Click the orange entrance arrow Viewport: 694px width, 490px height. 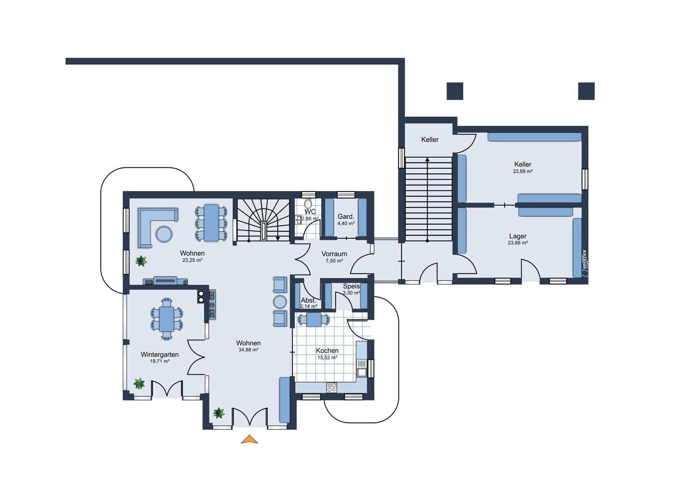tap(249, 439)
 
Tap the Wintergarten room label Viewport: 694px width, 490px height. tap(160, 355)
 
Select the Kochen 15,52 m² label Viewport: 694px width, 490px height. tap(327, 354)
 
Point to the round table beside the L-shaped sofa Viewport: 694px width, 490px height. tap(164, 234)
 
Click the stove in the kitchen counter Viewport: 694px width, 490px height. tap(332, 387)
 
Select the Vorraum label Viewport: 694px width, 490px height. tap(334, 254)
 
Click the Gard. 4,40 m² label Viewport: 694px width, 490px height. tap(346, 220)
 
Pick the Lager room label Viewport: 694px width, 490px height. tap(518, 236)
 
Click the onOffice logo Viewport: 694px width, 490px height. tap(584, 263)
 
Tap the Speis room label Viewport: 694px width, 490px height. tap(351, 286)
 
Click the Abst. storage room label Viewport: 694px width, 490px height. tap(308, 300)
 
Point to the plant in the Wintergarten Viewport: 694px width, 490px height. tap(139, 383)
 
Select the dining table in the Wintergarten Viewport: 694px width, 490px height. tap(167, 319)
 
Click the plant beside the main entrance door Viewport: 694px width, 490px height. tap(219, 413)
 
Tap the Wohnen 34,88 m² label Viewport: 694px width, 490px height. tap(248, 346)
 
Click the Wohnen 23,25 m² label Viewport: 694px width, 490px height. tap(192, 256)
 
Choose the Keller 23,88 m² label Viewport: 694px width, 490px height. tap(523, 168)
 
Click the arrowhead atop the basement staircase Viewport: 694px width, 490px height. tap(427, 159)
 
